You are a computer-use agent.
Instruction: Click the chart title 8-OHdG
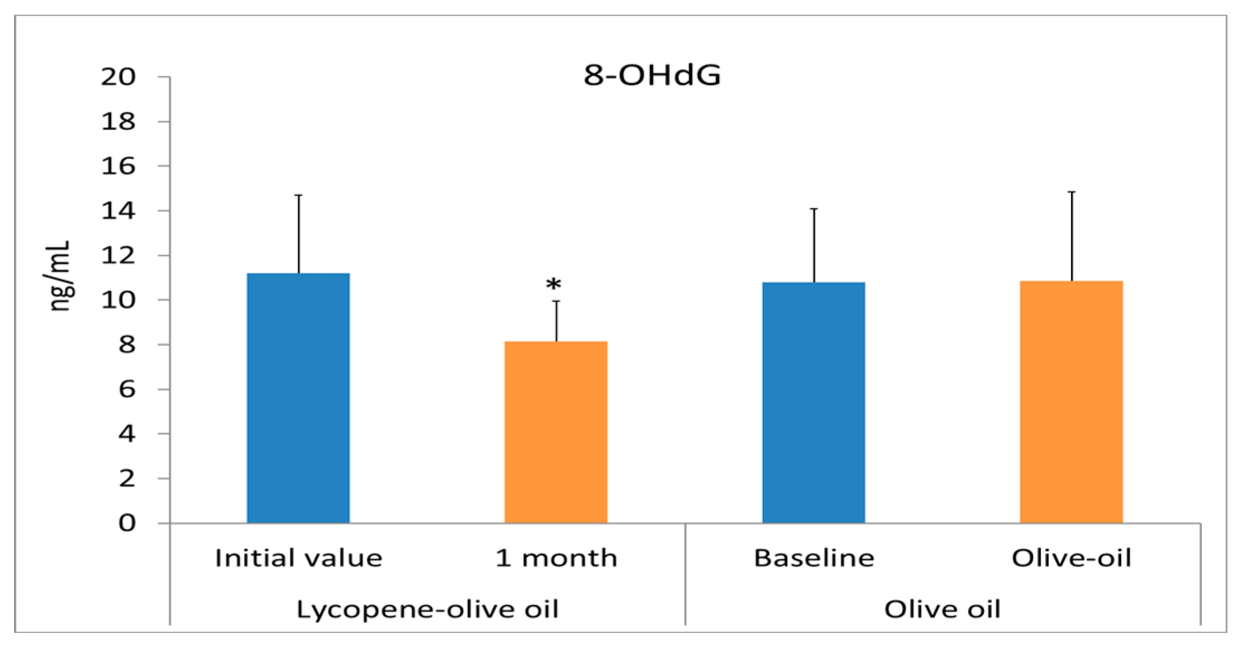[x=652, y=75]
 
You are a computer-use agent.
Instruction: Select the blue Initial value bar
[x=298, y=398]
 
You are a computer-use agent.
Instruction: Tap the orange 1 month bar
[x=556, y=432]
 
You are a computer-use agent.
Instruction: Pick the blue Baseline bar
[x=813, y=402]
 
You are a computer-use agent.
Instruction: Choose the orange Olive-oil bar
[x=1070, y=402]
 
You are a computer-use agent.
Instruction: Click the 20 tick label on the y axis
[x=118, y=77]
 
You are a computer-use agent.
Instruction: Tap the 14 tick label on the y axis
[x=118, y=211]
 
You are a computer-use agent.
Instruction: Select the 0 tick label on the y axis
[x=127, y=523]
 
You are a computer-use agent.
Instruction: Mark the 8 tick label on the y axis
[x=127, y=345]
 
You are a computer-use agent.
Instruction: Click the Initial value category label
[x=298, y=558]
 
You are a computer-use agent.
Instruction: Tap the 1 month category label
[x=556, y=558]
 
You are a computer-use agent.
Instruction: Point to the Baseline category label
[x=814, y=558]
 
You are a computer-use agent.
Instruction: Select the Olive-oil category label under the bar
[x=1071, y=558]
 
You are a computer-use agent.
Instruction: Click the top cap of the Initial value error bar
[x=299, y=196]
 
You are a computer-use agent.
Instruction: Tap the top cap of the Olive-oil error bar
[x=1072, y=192]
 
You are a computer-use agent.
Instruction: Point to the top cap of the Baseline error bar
[x=814, y=209]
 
